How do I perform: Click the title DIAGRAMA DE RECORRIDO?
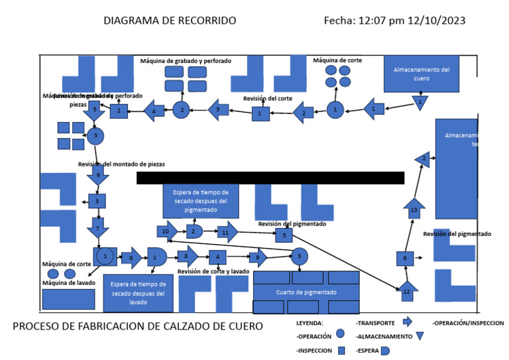coord(170,21)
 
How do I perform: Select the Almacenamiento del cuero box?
coord(422,74)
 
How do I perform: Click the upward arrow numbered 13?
coord(414,209)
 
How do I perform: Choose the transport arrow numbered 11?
coord(226,232)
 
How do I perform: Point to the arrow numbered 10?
coord(167,231)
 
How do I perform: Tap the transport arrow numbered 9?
coord(257,257)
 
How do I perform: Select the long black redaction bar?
coord(270,178)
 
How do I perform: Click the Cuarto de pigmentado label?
coord(306,292)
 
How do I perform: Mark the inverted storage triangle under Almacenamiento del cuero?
coord(420,103)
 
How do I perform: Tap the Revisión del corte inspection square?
coord(260,114)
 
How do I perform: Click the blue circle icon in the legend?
coord(341,335)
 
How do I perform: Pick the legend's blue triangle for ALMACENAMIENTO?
coord(420,336)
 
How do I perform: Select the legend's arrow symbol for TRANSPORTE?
coord(407,322)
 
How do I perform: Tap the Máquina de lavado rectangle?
coord(68,299)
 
